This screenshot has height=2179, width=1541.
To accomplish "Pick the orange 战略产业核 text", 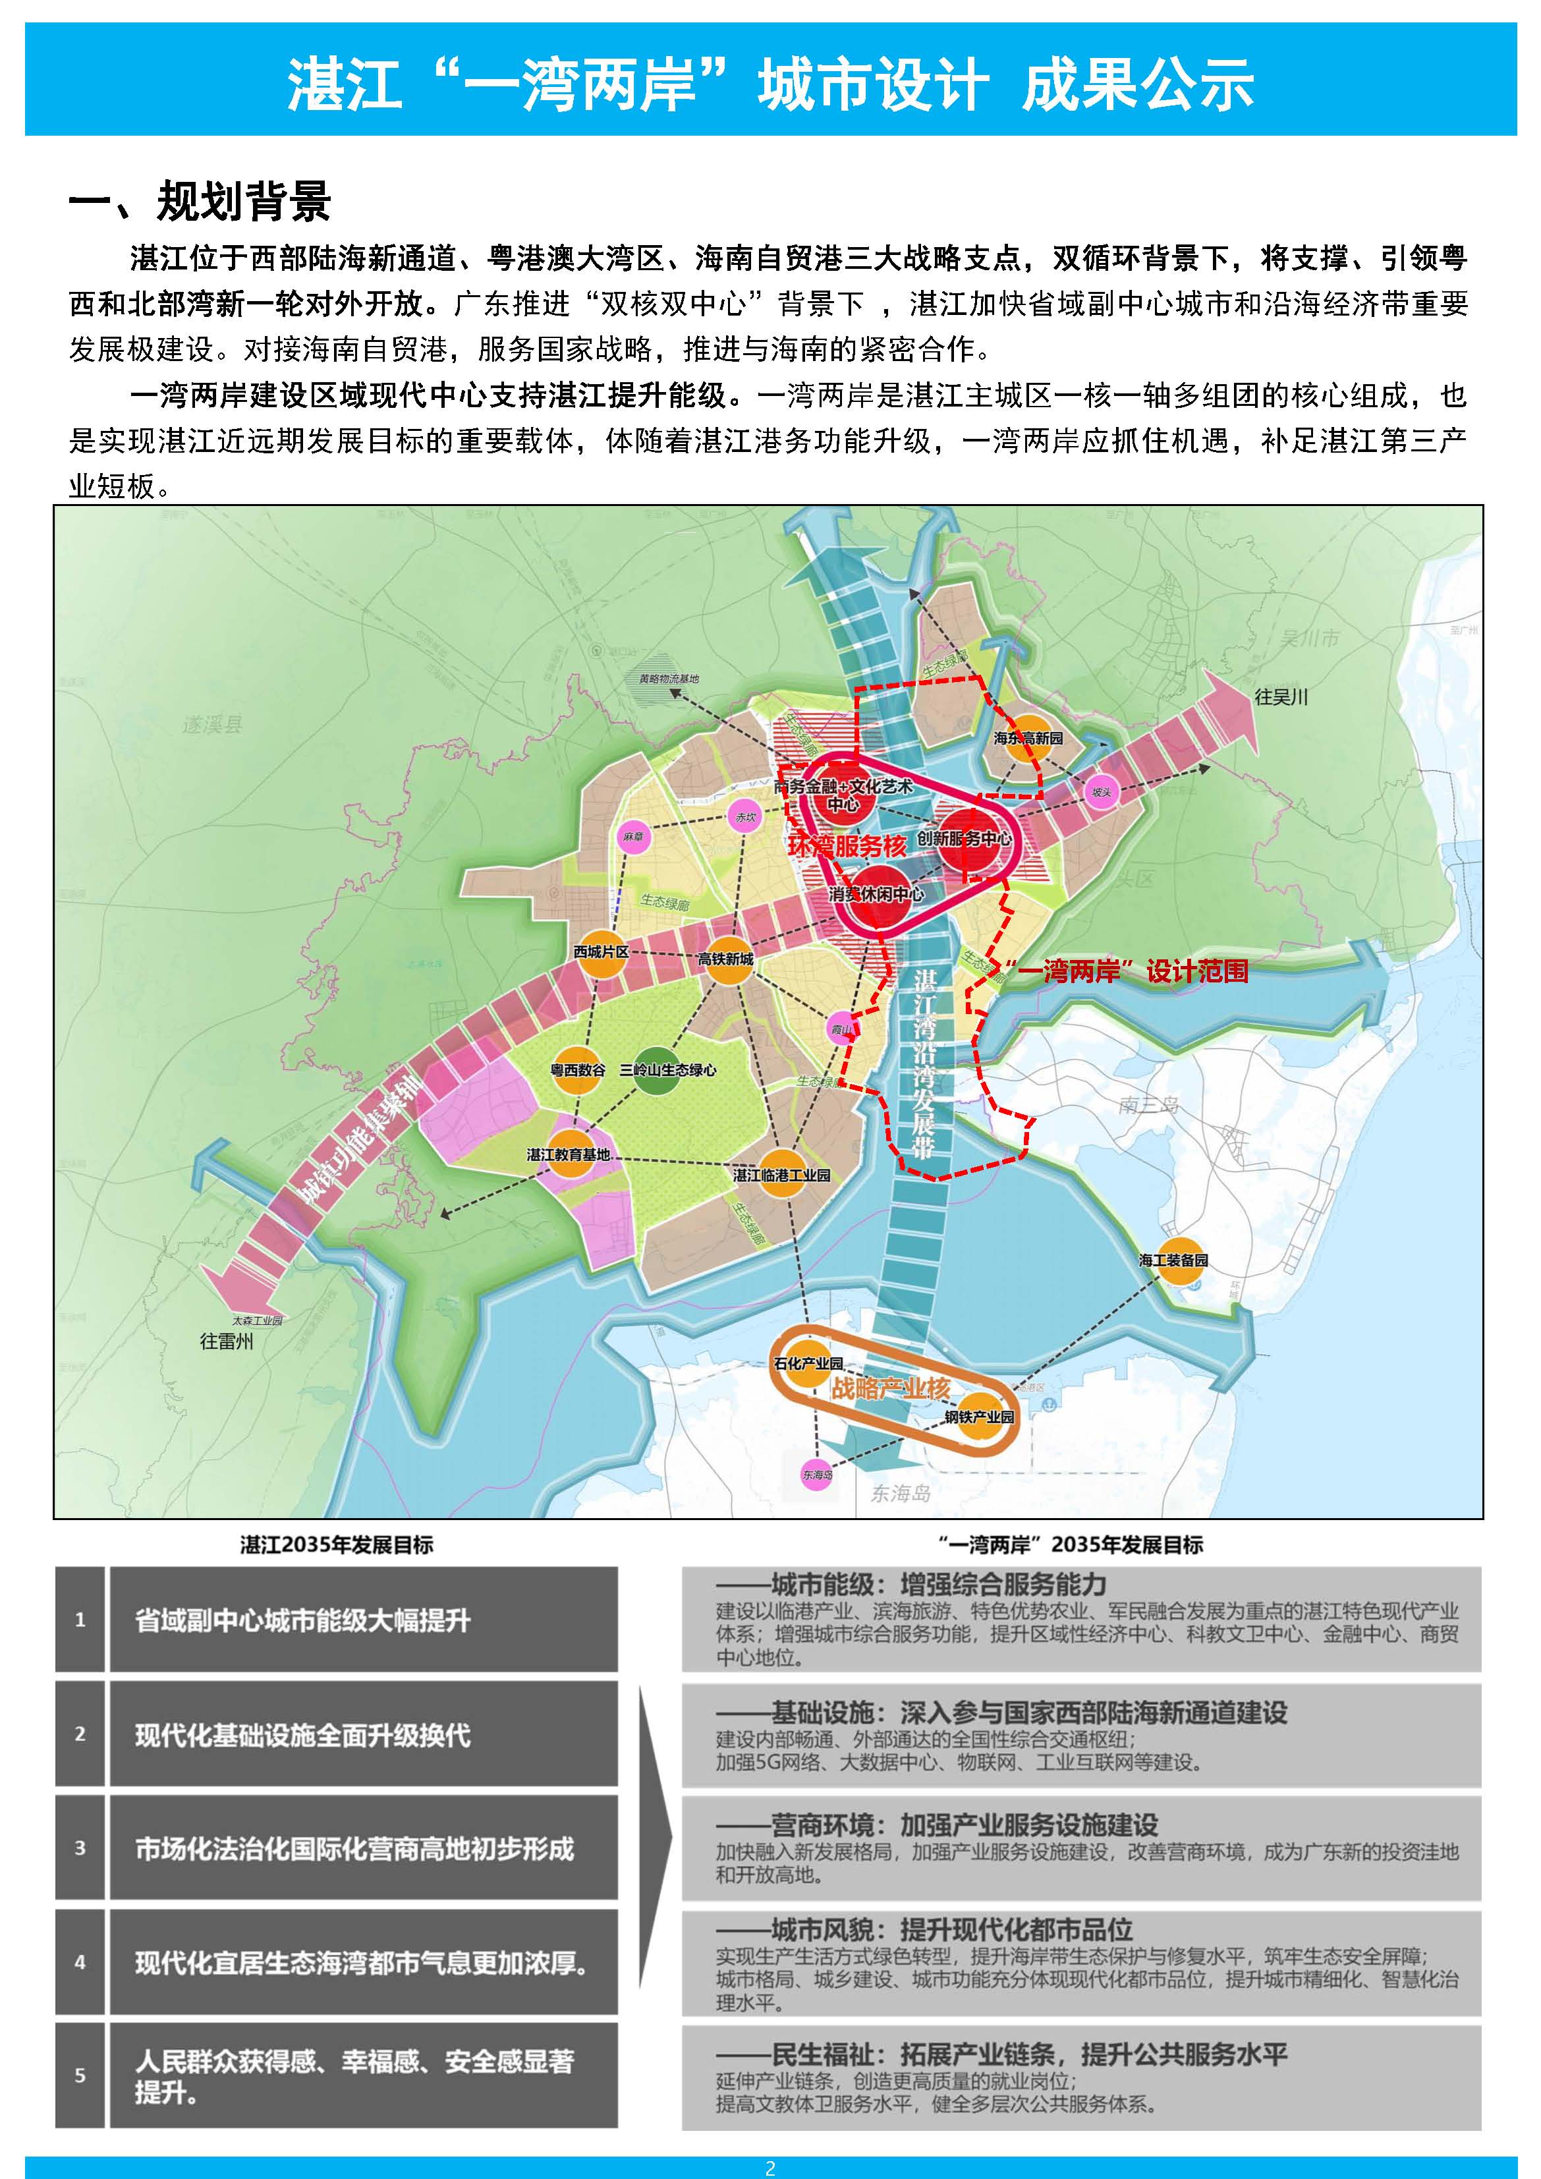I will pyautogui.click(x=890, y=1388).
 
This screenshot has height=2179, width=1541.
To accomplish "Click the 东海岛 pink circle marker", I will pyautogui.click(x=816, y=1475).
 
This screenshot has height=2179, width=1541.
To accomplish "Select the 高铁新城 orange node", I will pyautogui.click(x=726, y=959).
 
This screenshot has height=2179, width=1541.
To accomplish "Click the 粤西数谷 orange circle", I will pyautogui.click(x=578, y=1069).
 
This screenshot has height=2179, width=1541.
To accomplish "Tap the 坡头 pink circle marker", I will pyautogui.click(x=1101, y=791).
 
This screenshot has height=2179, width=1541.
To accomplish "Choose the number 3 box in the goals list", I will pyautogui.click(x=80, y=1847).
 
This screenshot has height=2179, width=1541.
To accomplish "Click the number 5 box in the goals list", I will pyautogui.click(x=80, y=2075).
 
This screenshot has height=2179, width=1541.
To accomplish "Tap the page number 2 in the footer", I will pyautogui.click(x=771, y=2168).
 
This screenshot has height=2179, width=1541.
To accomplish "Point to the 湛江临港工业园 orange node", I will pyautogui.click(x=781, y=1175).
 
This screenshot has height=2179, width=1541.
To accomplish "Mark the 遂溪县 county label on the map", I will pyautogui.click(x=213, y=725).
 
